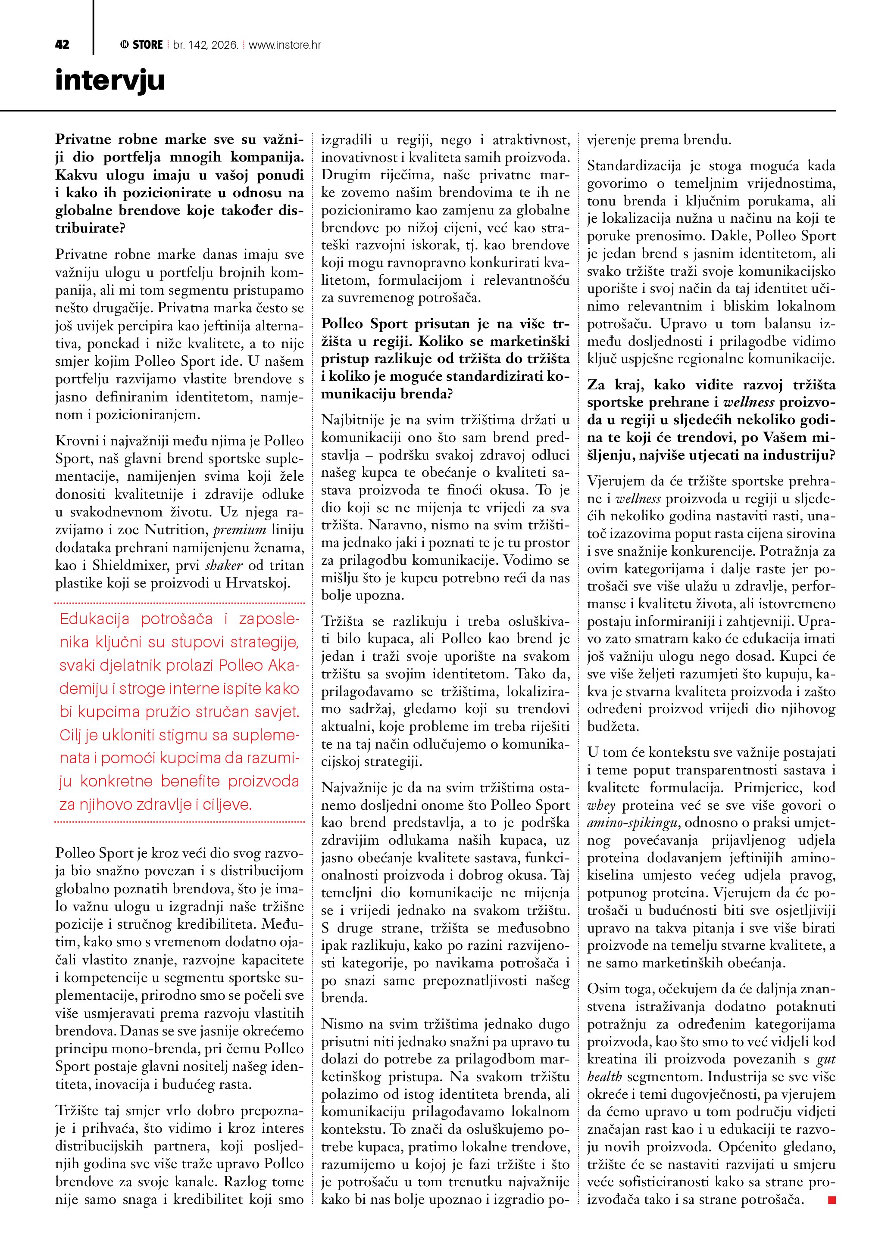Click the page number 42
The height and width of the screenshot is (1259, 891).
pyautogui.click(x=62, y=45)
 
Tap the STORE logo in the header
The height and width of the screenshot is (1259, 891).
pyautogui.click(x=141, y=45)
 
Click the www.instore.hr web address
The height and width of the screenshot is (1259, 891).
pyautogui.click(x=285, y=45)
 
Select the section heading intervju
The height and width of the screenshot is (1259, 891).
pyautogui.click(x=110, y=80)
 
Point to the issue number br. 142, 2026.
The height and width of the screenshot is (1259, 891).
pyautogui.click(x=205, y=45)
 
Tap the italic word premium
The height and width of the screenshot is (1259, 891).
pyautogui.click(x=239, y=530)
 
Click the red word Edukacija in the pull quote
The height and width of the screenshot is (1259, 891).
pyautogui.click(x=94, y=619)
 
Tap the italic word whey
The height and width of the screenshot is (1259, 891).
pyautogui.click(x=601, y=805)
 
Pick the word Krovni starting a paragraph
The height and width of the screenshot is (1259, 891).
pyautogui.click(x=77, y=441)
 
